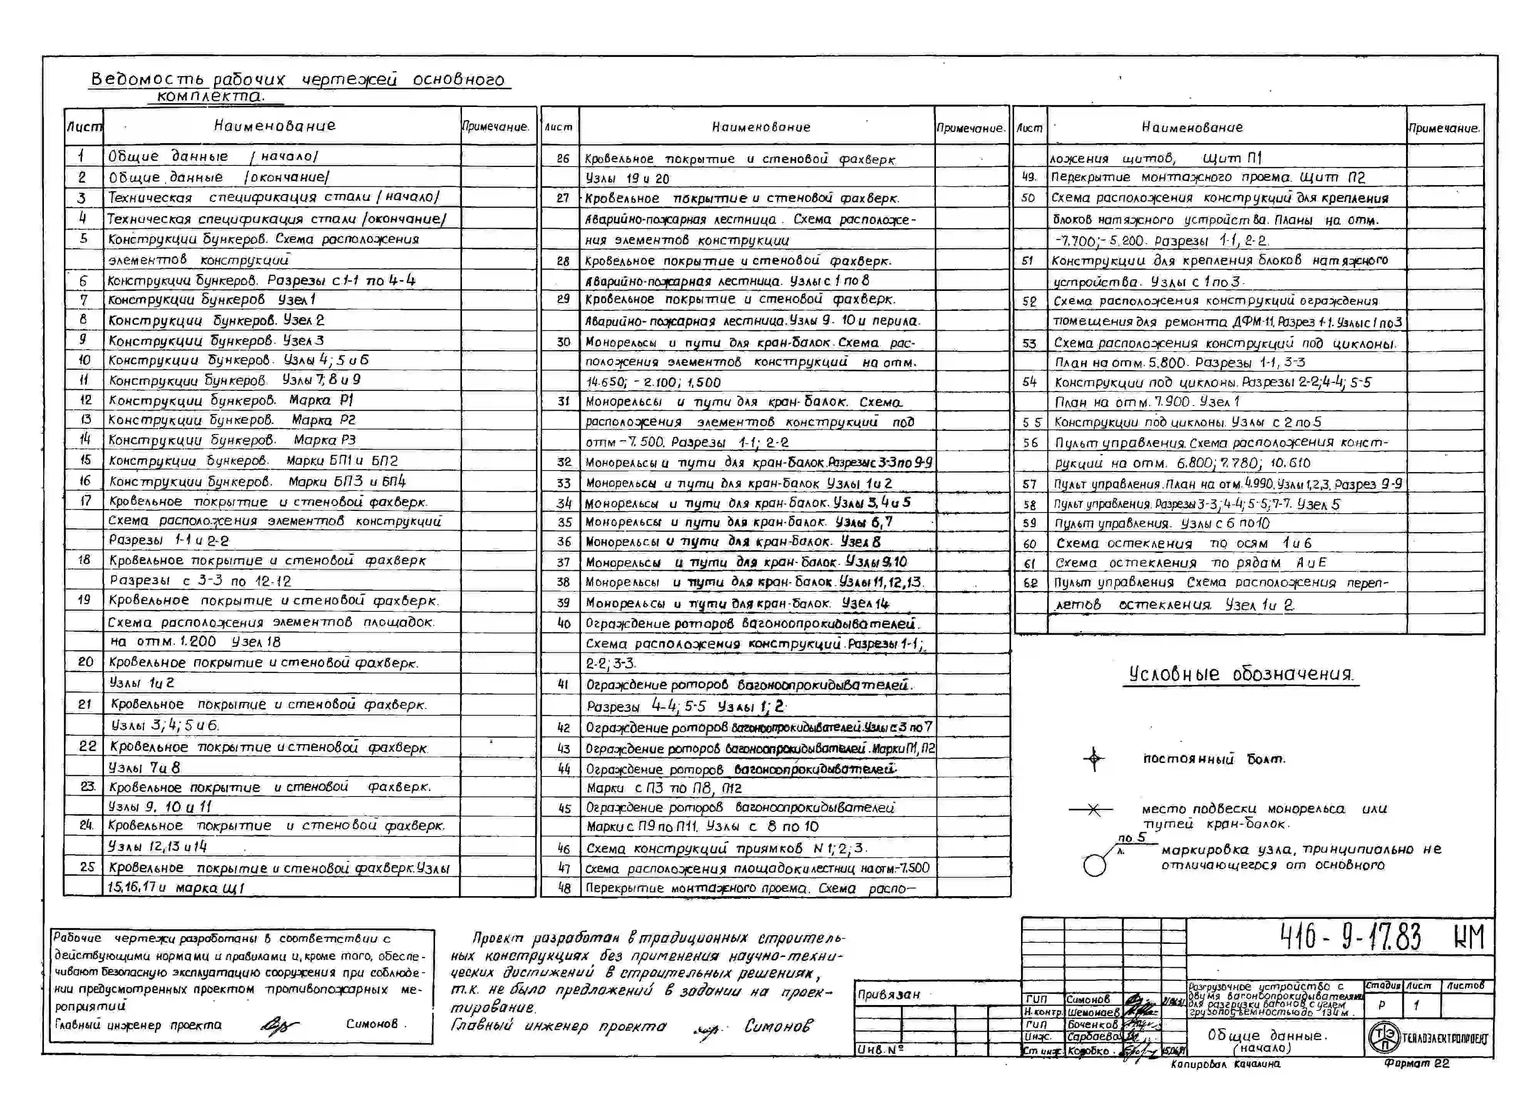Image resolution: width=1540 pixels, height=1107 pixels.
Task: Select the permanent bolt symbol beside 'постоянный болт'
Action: [x=1093, y=759]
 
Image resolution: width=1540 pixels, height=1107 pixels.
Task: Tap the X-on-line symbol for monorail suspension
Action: [x=1093, y=810]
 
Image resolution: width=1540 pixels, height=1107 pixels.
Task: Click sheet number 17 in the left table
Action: [x=85, y=501]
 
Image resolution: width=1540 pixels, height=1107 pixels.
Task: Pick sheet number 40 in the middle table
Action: [x=563, y=623]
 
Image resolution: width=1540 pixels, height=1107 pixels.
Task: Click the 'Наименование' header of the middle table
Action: [x=760, y=127]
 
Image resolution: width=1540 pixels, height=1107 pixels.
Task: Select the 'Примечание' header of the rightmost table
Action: [x=1444, y=128]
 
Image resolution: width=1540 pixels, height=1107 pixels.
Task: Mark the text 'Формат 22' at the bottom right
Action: [x=1417, y=1064]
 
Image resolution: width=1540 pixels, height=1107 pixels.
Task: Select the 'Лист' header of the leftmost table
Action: [x=84, y=127]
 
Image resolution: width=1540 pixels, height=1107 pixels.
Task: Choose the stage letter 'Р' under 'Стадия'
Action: [x=1381, y=1005]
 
